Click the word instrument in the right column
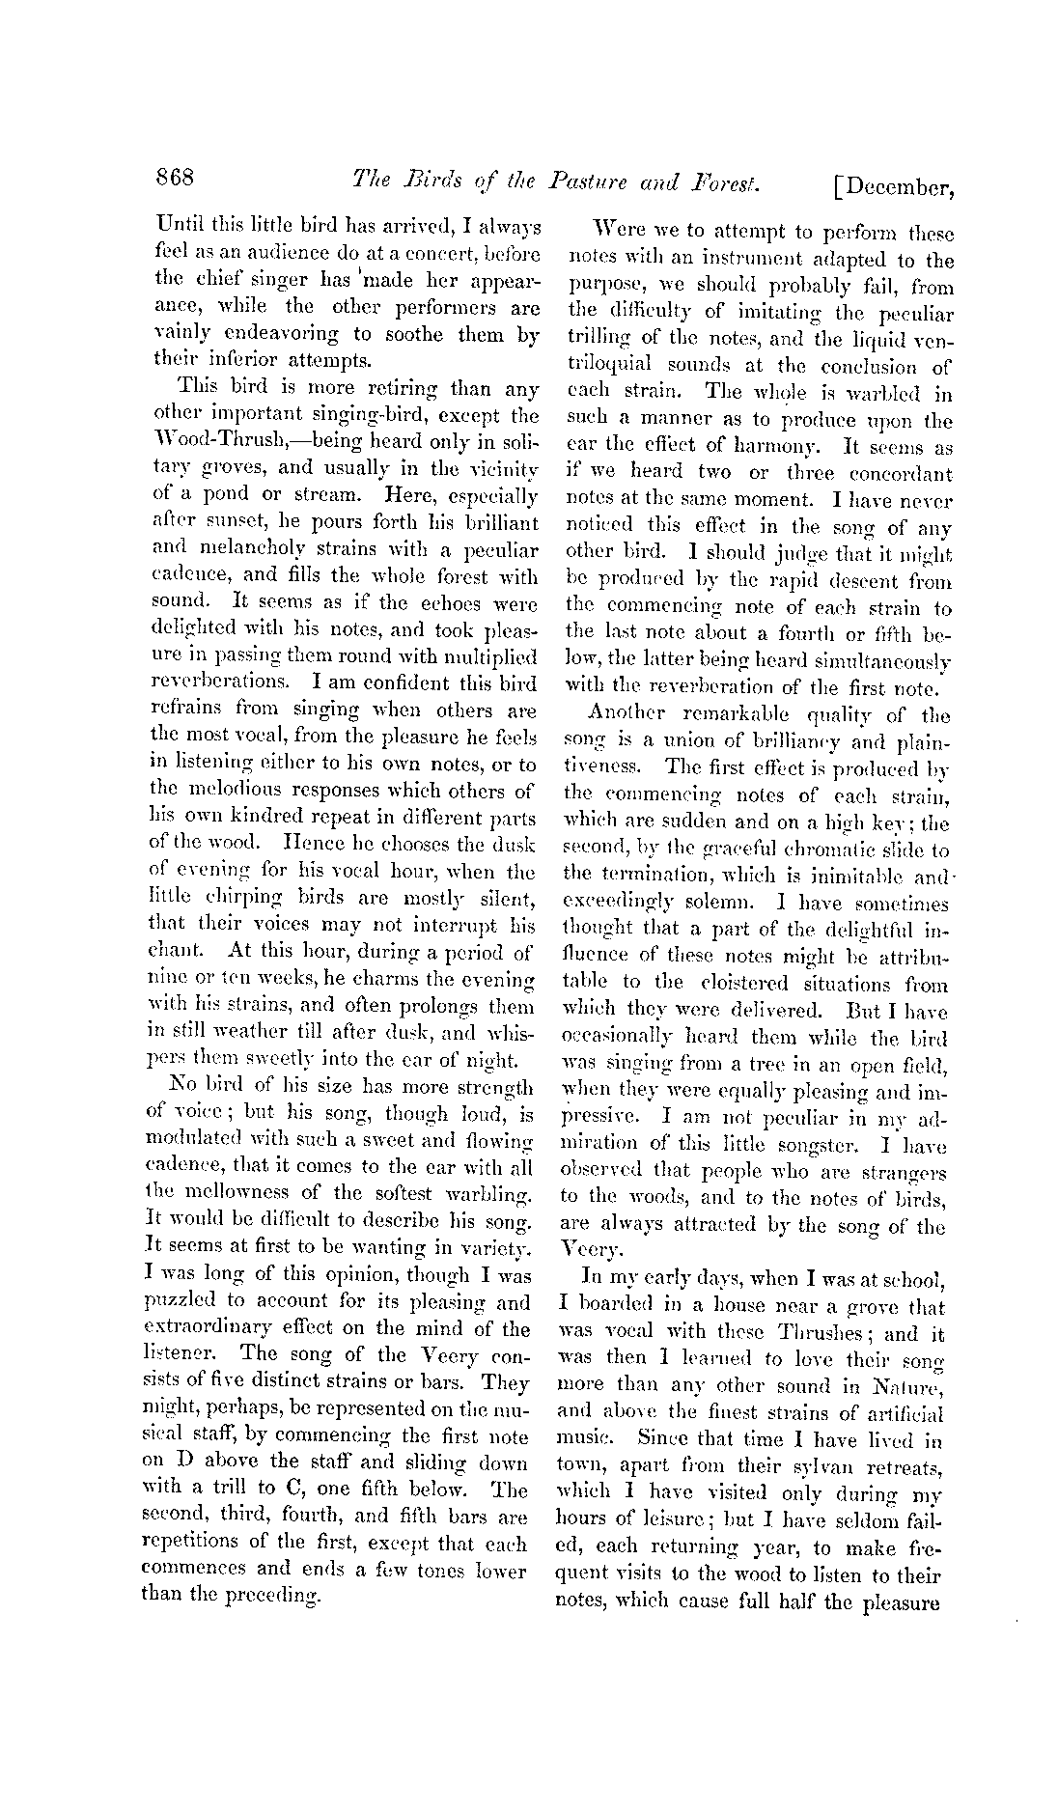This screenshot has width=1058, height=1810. [x=740, y=261]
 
